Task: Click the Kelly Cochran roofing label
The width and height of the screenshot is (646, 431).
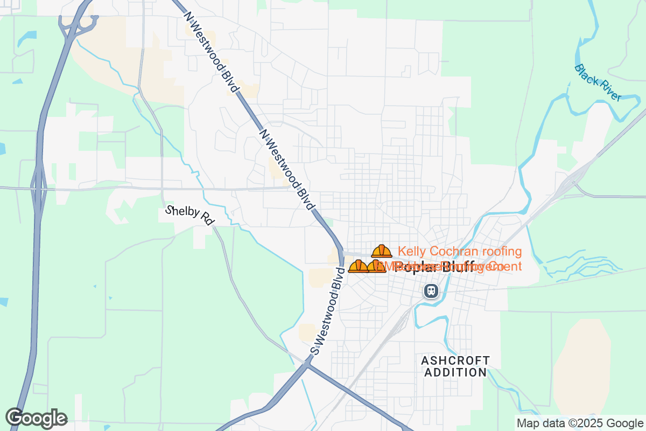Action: [460, 251]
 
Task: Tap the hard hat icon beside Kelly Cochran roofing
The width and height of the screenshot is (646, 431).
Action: [382, 251]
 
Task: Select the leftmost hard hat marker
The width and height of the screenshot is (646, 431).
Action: [358, 266]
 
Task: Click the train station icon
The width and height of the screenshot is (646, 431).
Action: [431, 291]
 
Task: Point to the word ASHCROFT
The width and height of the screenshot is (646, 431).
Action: [455, 360]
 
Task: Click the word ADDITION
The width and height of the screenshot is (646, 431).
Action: [455, 372]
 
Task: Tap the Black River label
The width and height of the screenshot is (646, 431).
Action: [598, 82]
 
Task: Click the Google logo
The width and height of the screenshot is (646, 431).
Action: [36, 418]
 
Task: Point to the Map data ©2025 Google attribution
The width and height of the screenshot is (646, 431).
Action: [580, 423]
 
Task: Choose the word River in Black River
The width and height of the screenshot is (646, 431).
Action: [610, 92]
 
